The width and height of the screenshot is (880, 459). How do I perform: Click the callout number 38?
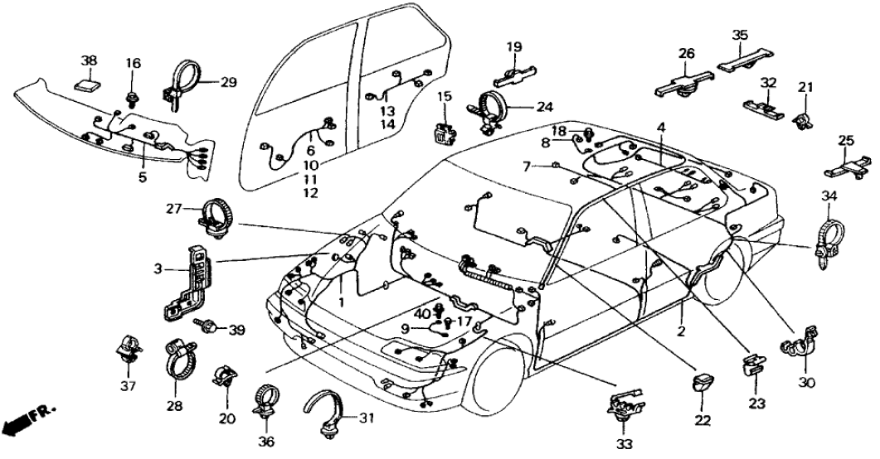(x=89, y=60)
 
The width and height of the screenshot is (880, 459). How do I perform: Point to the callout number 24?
(x=543, y=106)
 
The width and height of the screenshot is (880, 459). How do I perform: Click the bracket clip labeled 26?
(x=686, y=81)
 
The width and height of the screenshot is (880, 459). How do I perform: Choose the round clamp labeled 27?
(x=217, y=216)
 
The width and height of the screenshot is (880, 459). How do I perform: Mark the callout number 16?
(x=134, y=63)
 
